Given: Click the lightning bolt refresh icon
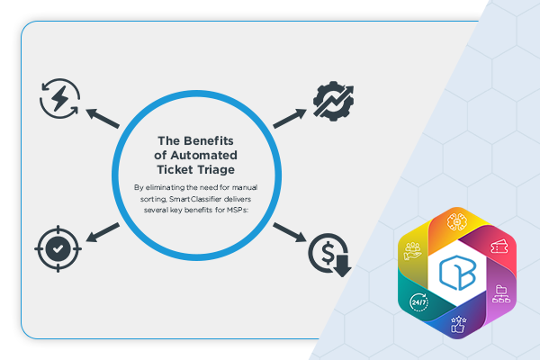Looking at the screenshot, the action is pos(60,98).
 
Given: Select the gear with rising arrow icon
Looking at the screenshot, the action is pos(333,101).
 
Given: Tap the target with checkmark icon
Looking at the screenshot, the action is pos(58,248).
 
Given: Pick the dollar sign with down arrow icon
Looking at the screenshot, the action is pos(329,255).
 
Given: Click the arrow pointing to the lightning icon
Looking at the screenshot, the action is pos(103,118).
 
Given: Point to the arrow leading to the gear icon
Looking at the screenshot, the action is pos(290,118).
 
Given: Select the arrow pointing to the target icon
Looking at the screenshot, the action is pos(103,232).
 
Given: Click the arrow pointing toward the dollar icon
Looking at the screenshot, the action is pos(290,232).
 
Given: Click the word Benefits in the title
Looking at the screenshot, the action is pos(209,141).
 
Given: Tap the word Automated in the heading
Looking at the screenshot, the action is pos(204,156).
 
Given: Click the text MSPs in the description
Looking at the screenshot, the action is pos(237,210).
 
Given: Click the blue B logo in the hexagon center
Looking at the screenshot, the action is pos(458,273).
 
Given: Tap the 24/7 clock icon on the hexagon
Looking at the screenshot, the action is pos(419,302).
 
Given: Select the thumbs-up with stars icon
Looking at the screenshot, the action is pos(459,325).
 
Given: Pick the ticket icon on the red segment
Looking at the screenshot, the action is pos(499,247).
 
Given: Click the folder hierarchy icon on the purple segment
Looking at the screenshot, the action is pos(501,294).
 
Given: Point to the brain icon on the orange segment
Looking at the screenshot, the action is pos(456,221).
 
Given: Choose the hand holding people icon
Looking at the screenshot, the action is pos(412,251).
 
